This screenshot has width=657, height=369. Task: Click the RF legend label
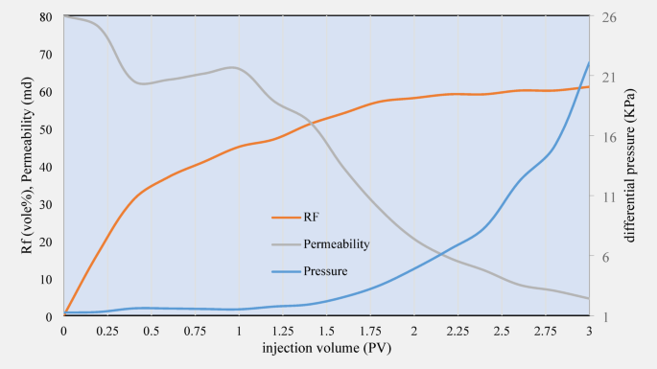click(312, 217)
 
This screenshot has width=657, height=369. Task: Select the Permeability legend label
click(337, 243)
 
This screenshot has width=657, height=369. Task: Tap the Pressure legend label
click(325, 271)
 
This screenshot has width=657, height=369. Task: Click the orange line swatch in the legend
click(286, 217)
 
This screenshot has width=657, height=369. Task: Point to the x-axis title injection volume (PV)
click(326, 349)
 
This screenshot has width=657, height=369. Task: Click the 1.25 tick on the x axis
click(283, 330)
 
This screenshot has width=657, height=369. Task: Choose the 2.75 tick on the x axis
click(545, 330)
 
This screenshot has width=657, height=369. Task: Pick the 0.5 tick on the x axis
click(152, 330)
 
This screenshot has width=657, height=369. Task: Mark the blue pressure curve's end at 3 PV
click(589, 62)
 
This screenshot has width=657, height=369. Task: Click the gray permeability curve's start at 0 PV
click(64, 16)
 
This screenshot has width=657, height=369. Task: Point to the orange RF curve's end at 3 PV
click(589, 87)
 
